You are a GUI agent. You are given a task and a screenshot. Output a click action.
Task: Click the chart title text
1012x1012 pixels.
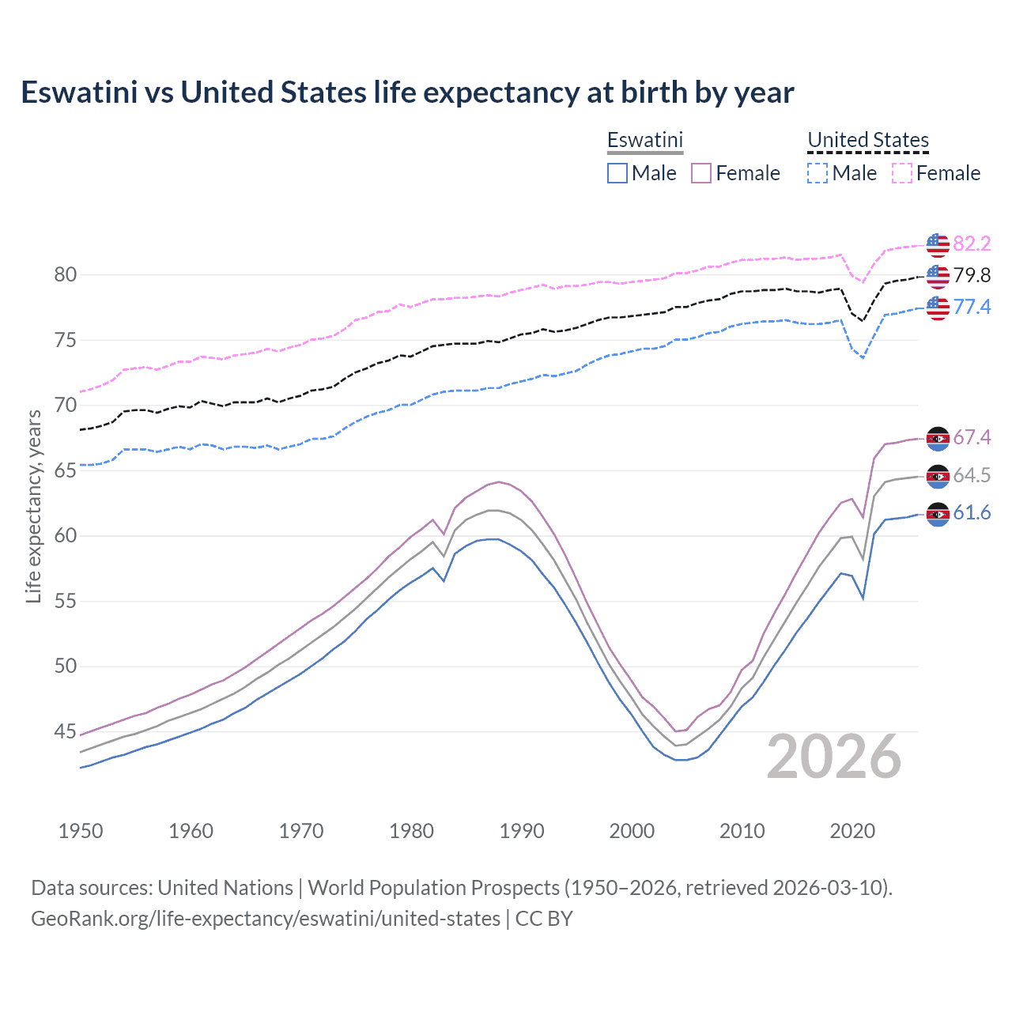tap(407, 93)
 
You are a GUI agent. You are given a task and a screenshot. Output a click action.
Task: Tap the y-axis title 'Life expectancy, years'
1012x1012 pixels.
tap(33, 506)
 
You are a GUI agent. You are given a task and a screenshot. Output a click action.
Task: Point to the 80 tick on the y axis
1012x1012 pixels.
tap(66, 275)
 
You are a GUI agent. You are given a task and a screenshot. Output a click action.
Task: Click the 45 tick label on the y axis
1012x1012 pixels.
tap(66, 731)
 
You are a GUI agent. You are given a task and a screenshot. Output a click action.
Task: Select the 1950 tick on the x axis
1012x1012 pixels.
tap(81, 831)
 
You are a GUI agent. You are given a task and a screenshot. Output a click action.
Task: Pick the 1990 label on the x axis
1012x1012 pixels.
tap(522, 831)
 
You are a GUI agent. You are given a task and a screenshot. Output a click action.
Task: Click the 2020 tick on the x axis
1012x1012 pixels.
tap(852, 831)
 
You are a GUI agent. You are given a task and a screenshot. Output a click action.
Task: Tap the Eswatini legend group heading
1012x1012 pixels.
tap(644, 140)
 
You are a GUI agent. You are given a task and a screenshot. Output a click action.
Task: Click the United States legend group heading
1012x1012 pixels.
tap(867, 140)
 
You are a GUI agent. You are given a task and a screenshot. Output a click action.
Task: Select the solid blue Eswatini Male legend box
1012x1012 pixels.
tap(617, 173)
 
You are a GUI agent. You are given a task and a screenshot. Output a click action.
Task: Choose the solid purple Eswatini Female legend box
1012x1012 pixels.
tap(701, 173)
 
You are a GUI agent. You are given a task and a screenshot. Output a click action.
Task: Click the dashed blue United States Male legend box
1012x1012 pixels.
tap(818, 173)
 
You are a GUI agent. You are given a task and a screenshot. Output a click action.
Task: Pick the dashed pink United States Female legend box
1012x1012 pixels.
tap(902, 173)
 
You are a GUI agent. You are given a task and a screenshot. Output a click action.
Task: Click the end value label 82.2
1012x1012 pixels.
tap(972, 244)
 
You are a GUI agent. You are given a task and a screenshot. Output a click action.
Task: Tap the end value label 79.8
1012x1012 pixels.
tap(972, 275)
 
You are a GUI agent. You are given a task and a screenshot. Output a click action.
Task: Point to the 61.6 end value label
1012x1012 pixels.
tap(972, 513)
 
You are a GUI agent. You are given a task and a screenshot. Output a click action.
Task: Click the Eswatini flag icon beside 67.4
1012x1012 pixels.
tap(938, 438)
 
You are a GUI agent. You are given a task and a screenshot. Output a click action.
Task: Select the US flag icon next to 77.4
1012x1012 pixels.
tap(938, 307)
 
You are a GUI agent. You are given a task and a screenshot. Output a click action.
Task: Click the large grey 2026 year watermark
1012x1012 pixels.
tap(834, 757)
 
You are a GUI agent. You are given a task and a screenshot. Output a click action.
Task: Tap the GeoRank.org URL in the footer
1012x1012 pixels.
tap(266, 919)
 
